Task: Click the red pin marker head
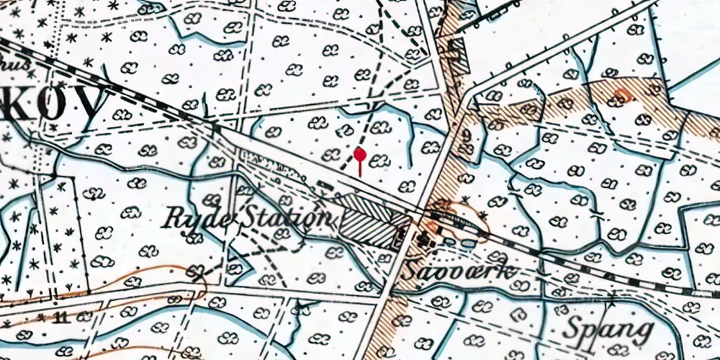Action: [x=360, y=153]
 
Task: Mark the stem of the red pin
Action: [x=360, y=167]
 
